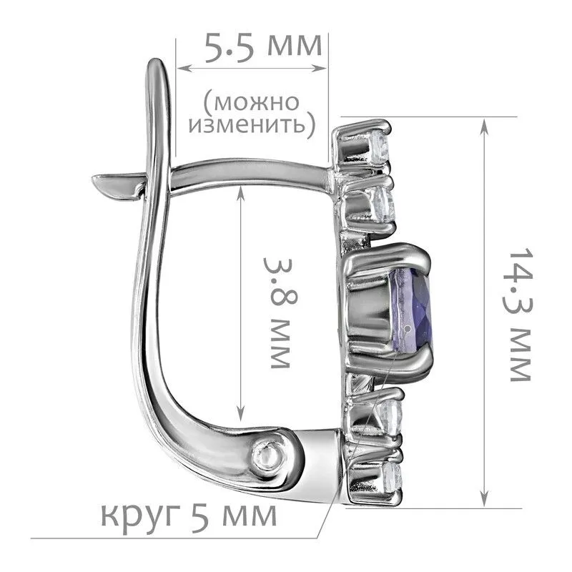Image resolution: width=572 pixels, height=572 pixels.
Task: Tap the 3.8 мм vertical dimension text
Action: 280,313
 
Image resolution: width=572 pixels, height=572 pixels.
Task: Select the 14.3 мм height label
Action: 518,315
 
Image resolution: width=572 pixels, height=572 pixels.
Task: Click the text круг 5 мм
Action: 189,516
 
